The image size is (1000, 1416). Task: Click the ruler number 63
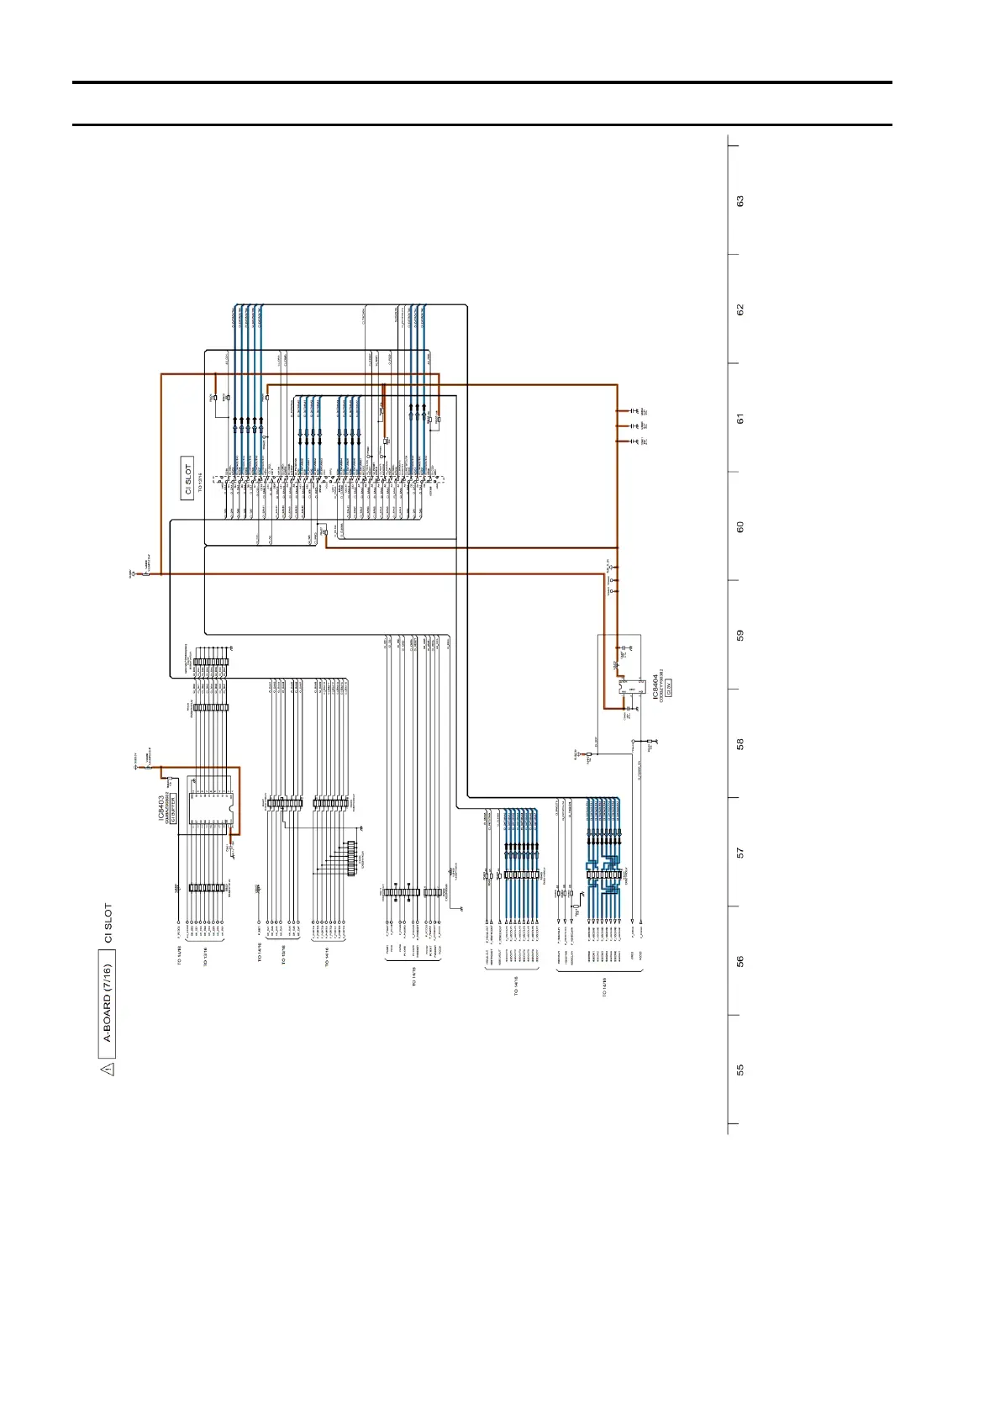[x=740, y=201]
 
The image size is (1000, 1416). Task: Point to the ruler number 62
[x=740, y=309]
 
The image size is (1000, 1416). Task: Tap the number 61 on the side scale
[x=740, y=418]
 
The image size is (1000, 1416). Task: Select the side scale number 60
[x=740, y=526]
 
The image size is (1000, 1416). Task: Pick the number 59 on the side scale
[x=740, y=635]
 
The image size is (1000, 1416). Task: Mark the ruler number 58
[x=740, y=744]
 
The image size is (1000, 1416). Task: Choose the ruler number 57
[x=740, y=853]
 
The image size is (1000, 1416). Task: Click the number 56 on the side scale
[x=740, y=961]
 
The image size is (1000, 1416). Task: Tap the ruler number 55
[x=740, y=1070]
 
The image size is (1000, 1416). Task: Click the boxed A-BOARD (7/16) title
[x=107, y=1003]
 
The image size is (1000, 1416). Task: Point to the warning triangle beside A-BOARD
[x=107, y=1069]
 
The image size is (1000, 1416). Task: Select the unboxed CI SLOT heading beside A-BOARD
[x=108, y=922]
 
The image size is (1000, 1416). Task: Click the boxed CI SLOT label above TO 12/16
[x=187, y=478]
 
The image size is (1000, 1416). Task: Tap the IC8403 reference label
[x=161, y=808]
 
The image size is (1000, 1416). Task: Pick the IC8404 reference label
[x=655, y=686]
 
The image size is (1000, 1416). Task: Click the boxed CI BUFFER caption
[x=174, y=809]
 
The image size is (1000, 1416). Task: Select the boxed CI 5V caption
[x=670, y=686]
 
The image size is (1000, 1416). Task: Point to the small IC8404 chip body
[x=629, y=689]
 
